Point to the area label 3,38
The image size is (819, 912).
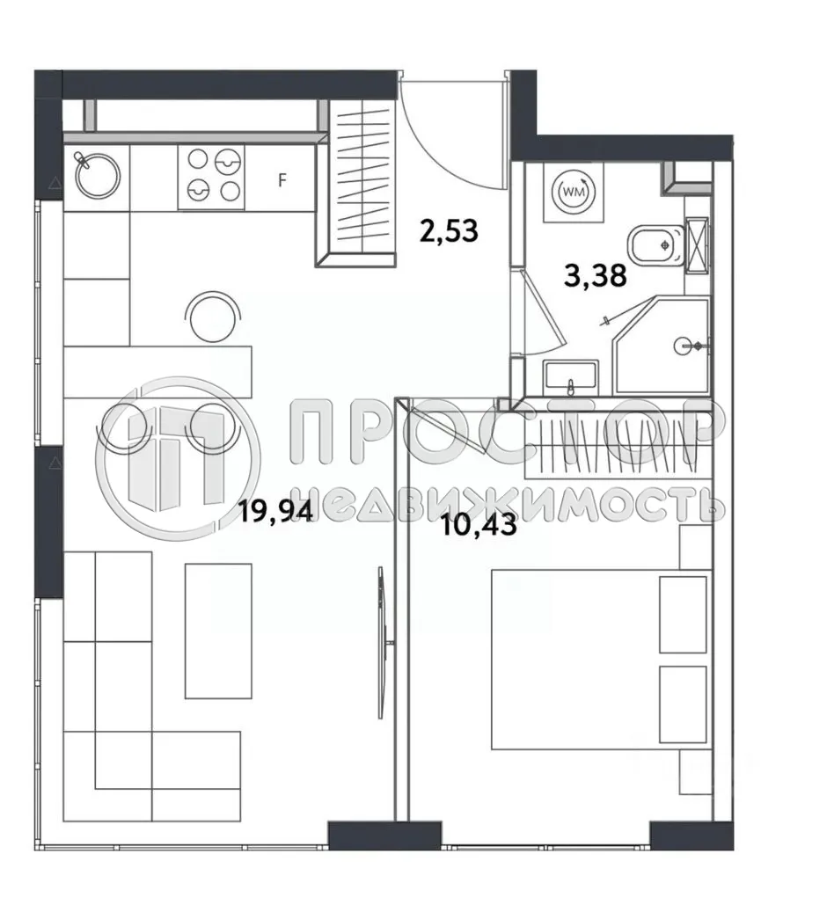595,277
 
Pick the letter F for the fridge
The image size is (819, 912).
282,181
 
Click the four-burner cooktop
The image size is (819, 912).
211,177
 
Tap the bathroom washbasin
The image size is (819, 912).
571,378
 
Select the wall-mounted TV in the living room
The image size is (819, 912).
381,642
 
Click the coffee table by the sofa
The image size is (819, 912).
218,631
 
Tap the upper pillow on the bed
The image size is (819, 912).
683,615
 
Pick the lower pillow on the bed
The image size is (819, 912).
683,704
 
